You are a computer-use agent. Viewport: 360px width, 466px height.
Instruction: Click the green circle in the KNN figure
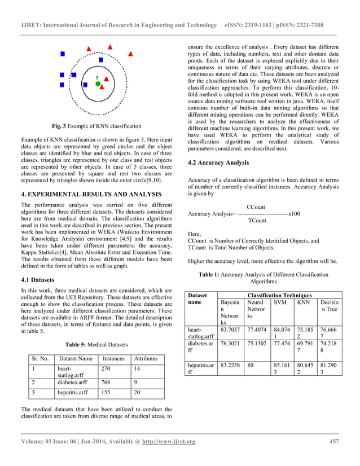(98, 83)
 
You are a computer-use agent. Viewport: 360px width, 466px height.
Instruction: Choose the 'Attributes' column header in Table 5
(145, 358)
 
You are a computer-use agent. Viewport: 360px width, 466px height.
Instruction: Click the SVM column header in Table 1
(280, 303)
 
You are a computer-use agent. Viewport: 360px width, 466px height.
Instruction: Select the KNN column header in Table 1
(304, 303)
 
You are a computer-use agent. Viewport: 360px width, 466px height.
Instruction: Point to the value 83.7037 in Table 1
(231, 329)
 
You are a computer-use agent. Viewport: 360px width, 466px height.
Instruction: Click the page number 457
(333, 441)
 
